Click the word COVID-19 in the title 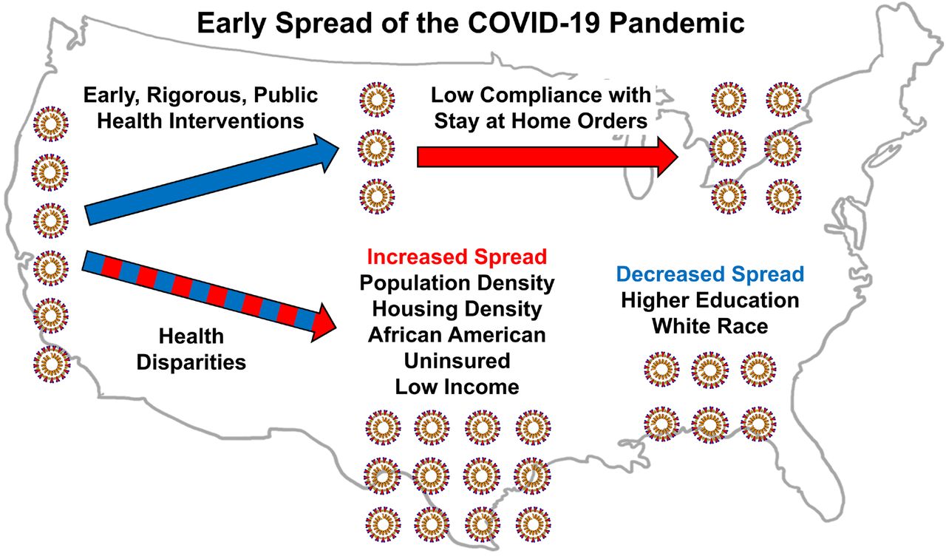(x=534, y=23)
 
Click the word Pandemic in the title (x=677, y=23)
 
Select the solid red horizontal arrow (x=548, y=157)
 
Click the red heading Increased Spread (x=457, y=257)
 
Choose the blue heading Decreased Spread (x=710, y=274)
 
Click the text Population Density (x=457, y=283)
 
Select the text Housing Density (x=457, y=310)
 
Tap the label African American (x=457, y=335)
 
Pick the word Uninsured (x=457, y=361)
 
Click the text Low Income (x=457, y=387)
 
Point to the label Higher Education (x=710, y=301)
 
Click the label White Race (x=710, y=326)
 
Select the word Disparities (x=191, y=363)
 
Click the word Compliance (x=565, y=95)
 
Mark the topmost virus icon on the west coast (x=51, y=124)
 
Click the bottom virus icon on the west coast (x=52, y=364)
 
